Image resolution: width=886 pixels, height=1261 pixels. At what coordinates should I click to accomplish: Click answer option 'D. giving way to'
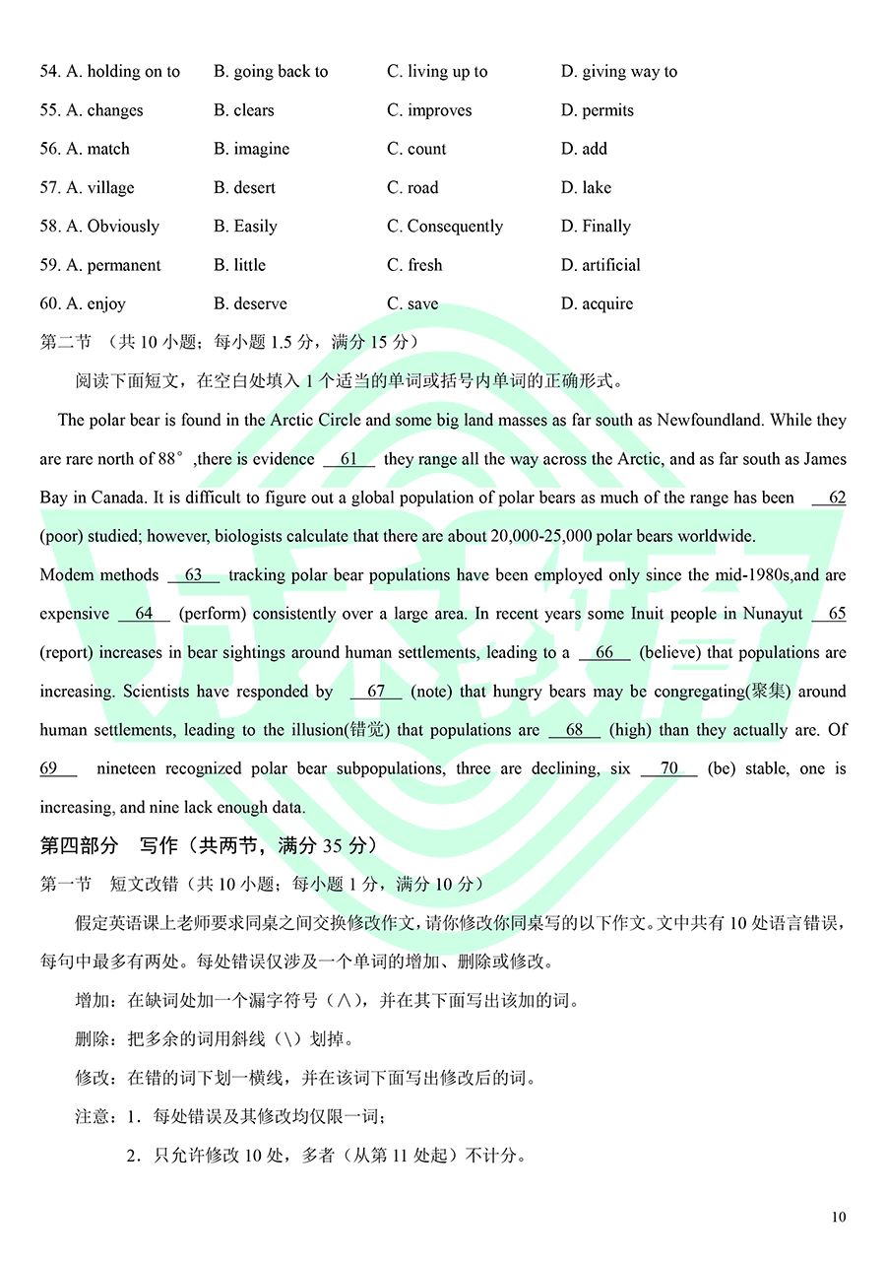(x=618, y=72)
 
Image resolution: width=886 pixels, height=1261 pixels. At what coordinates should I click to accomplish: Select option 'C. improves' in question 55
(x=429, y=110)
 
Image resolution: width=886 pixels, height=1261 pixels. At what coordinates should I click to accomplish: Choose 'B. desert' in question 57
(x=244, y=187)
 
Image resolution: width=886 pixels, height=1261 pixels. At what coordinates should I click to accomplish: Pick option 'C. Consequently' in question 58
(x=445, y=227)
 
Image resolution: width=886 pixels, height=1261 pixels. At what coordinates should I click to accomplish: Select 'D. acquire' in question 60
(x=597, y=303)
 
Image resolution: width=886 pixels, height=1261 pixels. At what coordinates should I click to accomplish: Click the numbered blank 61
(x=348, y=459)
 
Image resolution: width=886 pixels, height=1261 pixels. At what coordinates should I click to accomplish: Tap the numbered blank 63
(x=193, y=575)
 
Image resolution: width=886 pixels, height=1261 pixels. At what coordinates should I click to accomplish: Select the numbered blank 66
(x=603, y=652)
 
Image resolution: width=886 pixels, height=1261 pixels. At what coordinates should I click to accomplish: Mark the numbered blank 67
(x=375, y=692)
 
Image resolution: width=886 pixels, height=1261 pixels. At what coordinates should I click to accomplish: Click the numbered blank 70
(x=668, y=768)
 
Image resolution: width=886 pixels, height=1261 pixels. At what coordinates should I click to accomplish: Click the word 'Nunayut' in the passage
(x=771, y=614)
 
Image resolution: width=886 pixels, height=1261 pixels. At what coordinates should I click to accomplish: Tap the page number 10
(x=838, y=1218)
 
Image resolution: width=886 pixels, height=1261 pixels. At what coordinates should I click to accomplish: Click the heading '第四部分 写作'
(x=108, y=845)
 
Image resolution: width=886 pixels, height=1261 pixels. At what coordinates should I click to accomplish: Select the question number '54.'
(x=49, y=72)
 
